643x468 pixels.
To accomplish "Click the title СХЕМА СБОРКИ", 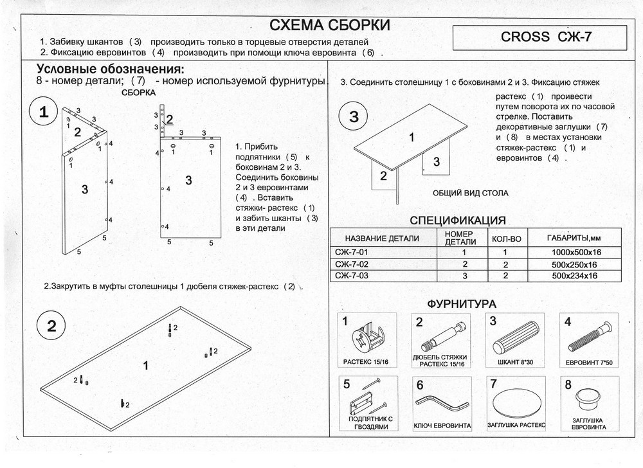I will click(x=329, y=26).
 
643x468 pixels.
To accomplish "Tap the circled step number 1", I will click(x=44, y=113).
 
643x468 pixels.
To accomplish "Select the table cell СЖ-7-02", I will click(x=352, y=264).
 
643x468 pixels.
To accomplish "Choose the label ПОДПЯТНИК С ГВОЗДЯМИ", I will click(x=367, y=422).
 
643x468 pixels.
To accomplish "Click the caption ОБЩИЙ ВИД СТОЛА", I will click(x=470, y=193).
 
